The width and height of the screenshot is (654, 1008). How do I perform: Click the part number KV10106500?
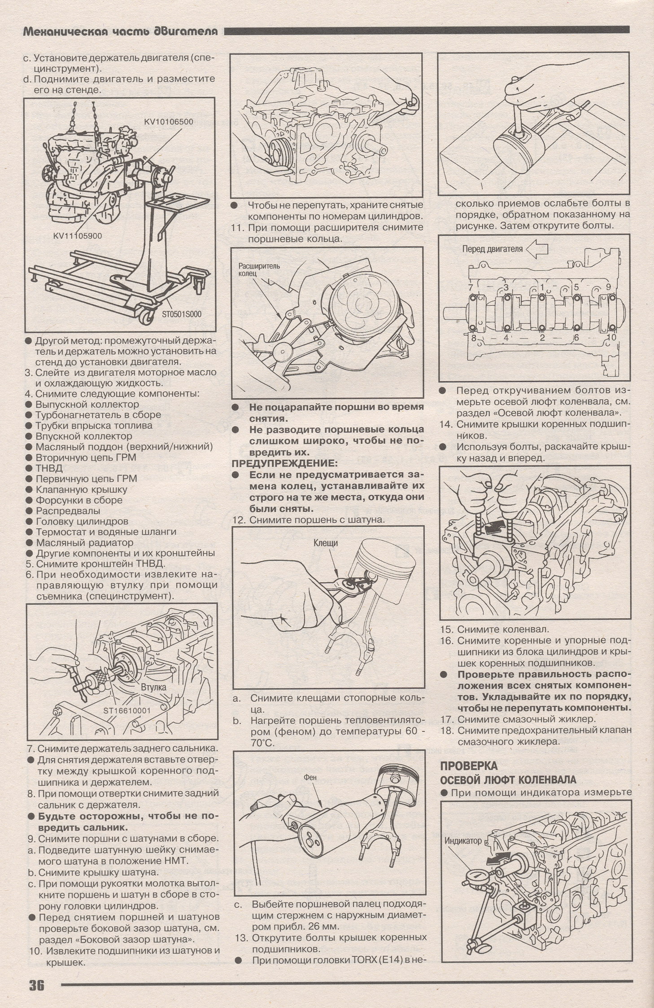pyautogui.click(x=169, y=122)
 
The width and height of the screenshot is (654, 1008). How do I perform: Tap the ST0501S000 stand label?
pyautogui.click(x=182, y=314)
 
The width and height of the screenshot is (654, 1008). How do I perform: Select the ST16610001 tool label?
pyautogui.click(x=127, y=710)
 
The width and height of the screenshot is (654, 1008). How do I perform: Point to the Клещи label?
pyautogui.click(x=326, y=543)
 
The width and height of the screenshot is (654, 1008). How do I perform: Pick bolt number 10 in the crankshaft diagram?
pyautogui.click(x=611, y=337)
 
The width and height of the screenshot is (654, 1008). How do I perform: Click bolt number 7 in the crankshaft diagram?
pyautogui.click(x=470, y=287)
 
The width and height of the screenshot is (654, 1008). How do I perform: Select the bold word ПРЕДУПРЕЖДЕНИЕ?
pyautogui.click(x=283, y=463)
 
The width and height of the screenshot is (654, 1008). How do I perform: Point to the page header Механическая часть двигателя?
pyautogui.click(x=120, y=31)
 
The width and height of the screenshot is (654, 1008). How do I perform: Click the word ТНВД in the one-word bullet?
pyautogui.click(x=47, y=468)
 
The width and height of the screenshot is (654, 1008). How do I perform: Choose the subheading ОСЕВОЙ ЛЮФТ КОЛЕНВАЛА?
pyautogui.click(x=508, y=780)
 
